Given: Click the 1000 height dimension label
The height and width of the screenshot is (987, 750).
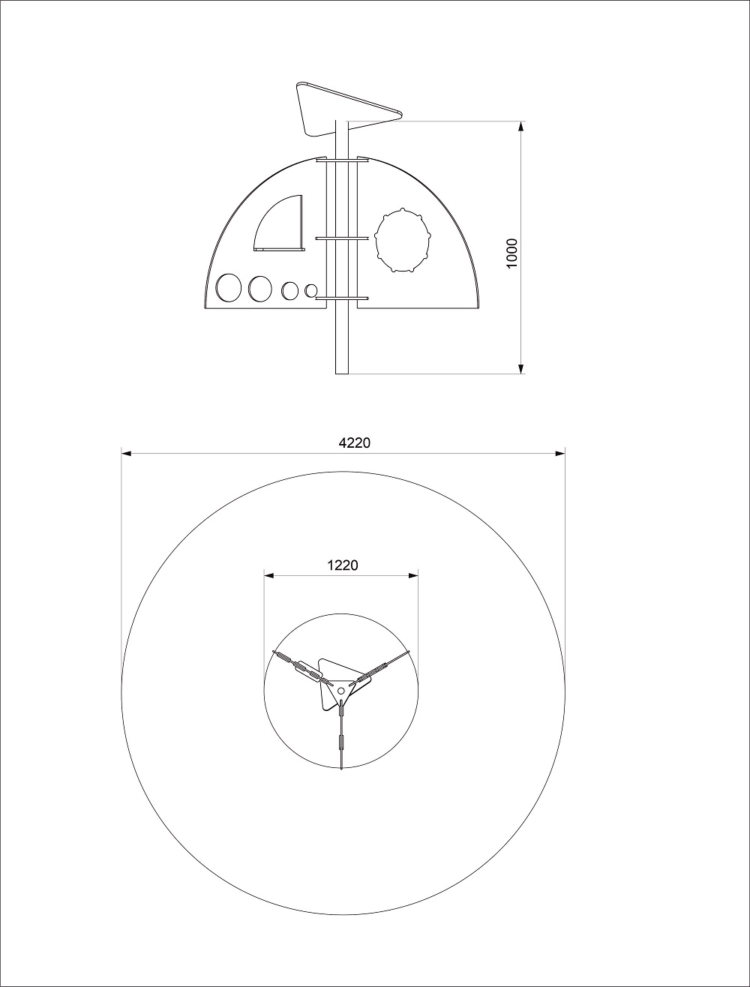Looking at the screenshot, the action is (512, 253).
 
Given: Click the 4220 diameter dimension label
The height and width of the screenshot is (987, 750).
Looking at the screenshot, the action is (354, 443).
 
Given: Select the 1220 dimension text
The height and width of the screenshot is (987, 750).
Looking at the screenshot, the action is (343, 565).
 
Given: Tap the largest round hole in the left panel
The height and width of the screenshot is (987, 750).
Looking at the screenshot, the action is (229, 287).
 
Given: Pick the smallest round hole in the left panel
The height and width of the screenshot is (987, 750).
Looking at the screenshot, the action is (310, 290).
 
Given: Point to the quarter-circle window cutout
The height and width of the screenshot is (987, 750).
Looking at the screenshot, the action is (280, 223).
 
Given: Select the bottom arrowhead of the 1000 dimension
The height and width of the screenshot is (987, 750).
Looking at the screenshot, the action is (521, 368).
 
